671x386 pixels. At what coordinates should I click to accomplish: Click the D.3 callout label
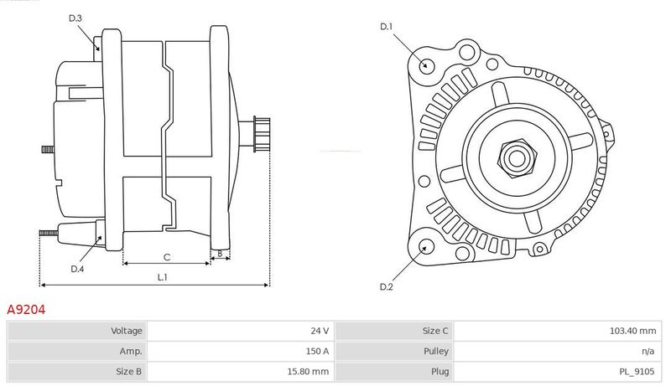(x=75, y=18)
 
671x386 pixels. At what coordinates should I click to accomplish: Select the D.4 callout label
(x=77, y=269)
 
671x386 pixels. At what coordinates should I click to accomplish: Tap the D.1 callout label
(x=387, y=27)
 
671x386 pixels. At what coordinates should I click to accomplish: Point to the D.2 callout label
(x=387, y=287)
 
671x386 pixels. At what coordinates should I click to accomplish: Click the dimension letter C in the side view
(x=167, y=257)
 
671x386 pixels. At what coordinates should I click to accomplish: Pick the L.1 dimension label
(x=162, y=277)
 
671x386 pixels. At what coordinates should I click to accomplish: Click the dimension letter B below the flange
(x=220, y=254)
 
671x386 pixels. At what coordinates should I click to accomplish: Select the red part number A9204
(x=26, y=310)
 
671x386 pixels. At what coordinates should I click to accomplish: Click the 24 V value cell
(x=320, y=331)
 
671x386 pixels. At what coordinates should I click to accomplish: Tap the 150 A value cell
(x=317, y=351)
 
